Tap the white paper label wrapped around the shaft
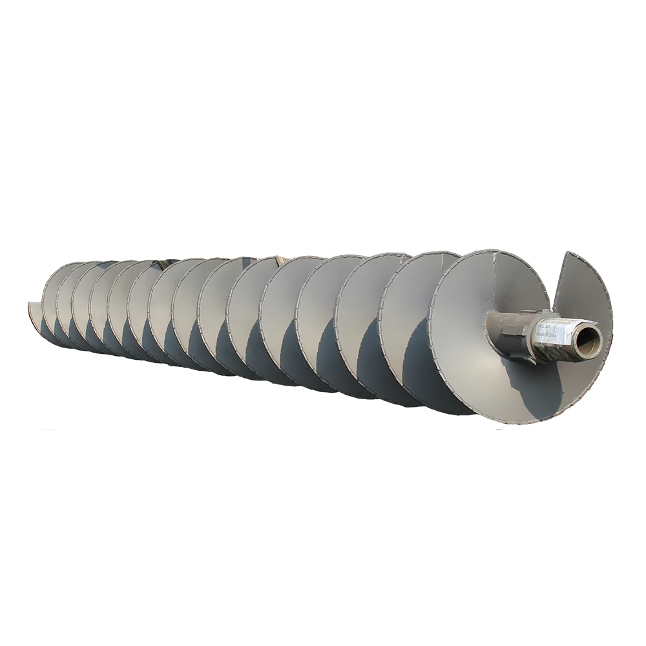point(549,337)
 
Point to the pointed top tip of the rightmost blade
point(567,254)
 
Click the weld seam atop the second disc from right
point(426,255)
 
